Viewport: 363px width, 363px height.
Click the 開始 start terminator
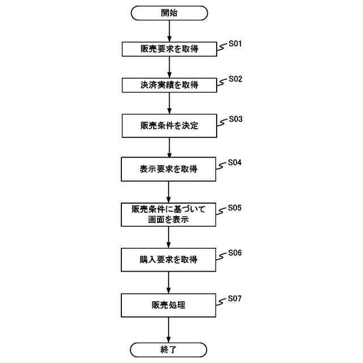click(x=169, y=12)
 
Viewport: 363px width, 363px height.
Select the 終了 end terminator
click(x=169, y=349)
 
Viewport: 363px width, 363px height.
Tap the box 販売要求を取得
click(x=169, y=49)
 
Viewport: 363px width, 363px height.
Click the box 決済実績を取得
click(x=169, y=85)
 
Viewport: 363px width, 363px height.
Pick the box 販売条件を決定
click(x=169, y=125)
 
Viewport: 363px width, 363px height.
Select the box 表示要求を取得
click(x=169, y=168)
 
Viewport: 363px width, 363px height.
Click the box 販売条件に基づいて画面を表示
click(x=169, y=214)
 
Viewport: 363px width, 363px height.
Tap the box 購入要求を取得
click(x=169, y=259)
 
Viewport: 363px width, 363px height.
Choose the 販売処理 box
click(x=169, y=305)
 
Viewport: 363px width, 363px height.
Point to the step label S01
click(x=235, y=43)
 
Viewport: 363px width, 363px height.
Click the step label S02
click(x=235, y=79)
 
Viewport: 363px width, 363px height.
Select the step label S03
click(x=235, y=120)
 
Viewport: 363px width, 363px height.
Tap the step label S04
click(x=235, y=162)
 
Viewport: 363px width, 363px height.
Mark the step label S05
click(x=235, y=208)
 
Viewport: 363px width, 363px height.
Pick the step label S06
click(x=235, y=253)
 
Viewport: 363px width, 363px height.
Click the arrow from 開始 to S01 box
click(x=169, y=31)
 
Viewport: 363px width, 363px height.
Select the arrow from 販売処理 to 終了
click(x=169, y=330)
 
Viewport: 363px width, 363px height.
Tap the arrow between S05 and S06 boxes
click(x=169, y=237)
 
